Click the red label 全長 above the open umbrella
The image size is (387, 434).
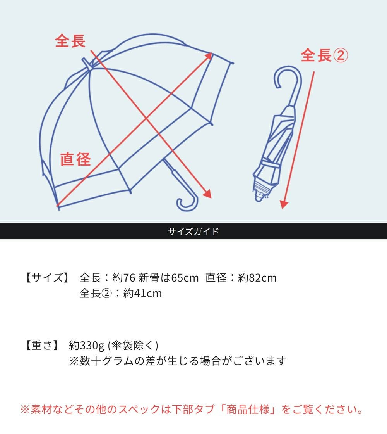click(70, 41)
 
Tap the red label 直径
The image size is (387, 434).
click(75, 159)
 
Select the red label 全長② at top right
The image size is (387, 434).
click(324, 56)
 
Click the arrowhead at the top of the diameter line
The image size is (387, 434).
click(209, 56)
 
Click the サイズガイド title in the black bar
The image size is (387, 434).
click(193, 232)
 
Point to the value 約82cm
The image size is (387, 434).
click(257, 278)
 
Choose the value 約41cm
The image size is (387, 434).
click(142, 293)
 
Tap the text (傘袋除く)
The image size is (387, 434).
click(133, 345)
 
